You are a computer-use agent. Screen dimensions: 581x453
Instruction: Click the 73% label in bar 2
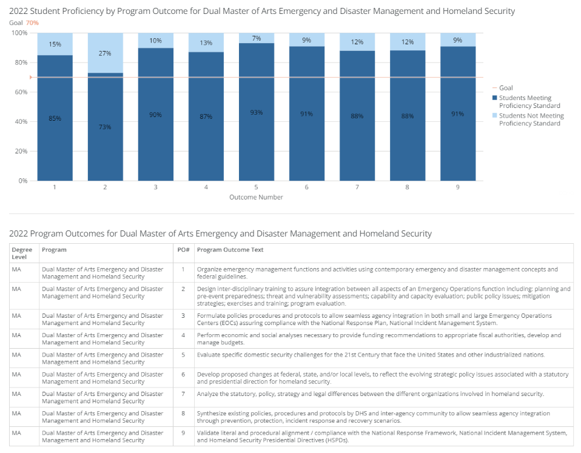coord(105,127)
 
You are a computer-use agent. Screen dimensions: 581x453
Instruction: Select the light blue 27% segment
coord(106,53)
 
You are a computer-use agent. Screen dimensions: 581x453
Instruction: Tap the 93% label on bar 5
coord(256,112)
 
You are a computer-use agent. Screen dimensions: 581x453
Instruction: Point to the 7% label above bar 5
coord(257,38)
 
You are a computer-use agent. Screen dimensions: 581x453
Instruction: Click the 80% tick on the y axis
coord(21,62)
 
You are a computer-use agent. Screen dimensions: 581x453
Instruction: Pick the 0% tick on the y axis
coord(23,181)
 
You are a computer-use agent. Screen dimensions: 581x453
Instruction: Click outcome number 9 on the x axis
coord(458,187)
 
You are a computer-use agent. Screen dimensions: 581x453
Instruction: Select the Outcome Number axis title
coord(256,197)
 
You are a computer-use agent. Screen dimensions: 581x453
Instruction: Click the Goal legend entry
coord(502,88)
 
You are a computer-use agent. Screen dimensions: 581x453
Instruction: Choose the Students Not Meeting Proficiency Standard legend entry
coord(528,119)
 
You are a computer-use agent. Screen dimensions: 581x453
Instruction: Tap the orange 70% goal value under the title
coord(32,22)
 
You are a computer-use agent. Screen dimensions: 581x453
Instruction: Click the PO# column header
coord(183,250)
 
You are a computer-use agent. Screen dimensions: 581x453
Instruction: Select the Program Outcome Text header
coord(230,250)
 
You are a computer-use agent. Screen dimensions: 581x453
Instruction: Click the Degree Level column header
coord(22,253)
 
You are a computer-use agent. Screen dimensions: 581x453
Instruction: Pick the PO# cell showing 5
coord(183,355)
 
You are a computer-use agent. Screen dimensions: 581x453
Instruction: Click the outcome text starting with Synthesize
coord(374,417)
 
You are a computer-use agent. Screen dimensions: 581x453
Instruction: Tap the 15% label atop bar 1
coord(55,44)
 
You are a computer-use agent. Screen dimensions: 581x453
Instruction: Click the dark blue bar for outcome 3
coord(156,115)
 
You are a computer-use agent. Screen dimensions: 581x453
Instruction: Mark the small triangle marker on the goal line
coord(31,78)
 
